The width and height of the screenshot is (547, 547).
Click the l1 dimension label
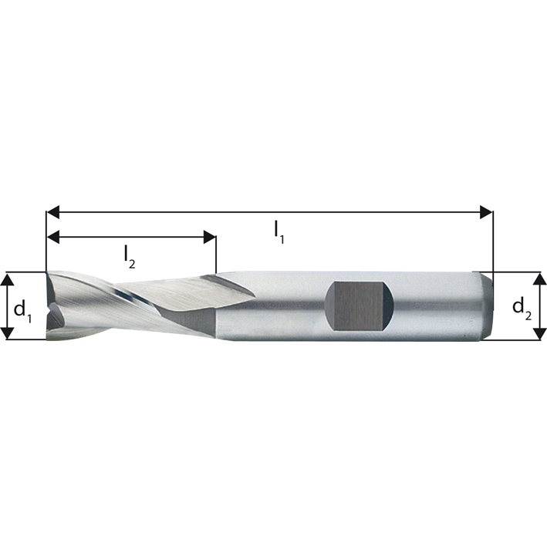pos(279,232)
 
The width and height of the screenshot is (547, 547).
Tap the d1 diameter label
pos(22,309)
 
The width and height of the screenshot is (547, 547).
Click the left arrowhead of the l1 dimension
pos(53,211)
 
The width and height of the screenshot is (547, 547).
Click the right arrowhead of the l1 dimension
pos(486,211)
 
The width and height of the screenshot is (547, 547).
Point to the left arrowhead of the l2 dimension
pos(53,237)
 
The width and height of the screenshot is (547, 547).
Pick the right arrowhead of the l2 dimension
pos(210,237)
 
